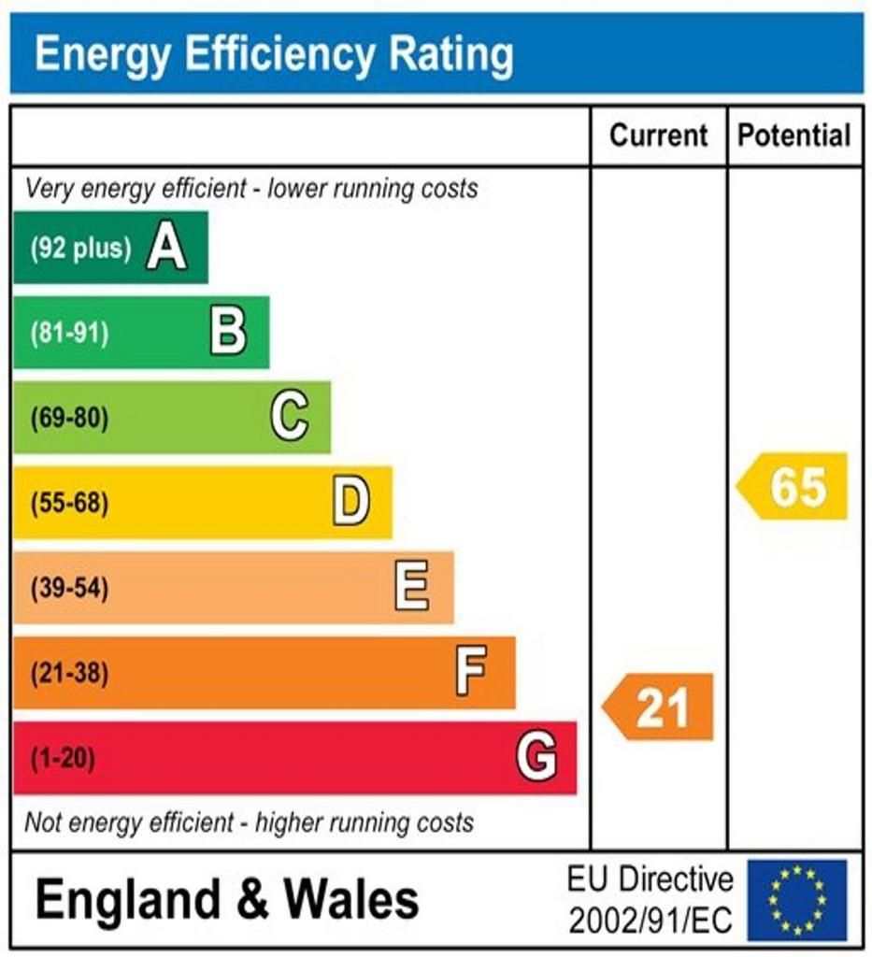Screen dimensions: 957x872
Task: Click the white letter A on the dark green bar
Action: coord(166,249)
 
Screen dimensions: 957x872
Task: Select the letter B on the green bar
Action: coord(228,333)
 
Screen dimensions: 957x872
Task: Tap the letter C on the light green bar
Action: coord(290,417)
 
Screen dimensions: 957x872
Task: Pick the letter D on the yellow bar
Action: coord(351,503)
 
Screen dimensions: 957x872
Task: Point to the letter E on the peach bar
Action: coord(412,588)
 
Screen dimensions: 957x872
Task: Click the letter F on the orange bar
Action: coord(471,673)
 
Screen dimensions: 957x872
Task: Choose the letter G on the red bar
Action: coord(536,757)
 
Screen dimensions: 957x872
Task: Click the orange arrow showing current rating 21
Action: coord(659,707)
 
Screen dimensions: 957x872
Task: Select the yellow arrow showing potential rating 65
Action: coord(793,486)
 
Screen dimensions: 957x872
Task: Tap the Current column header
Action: coord(659,136)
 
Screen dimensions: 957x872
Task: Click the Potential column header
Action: coord(794,136)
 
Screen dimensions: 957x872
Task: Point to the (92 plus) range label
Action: coord(80,249)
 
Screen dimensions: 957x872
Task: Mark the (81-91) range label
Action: coord(69,334)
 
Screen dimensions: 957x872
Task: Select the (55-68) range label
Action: coord(69,504)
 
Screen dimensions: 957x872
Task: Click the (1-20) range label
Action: coord(63,758)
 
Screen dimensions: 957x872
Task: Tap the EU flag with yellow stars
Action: coord(797,900)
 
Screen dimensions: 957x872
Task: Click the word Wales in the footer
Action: coord(351,900)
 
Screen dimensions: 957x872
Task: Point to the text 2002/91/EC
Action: coord(650,921)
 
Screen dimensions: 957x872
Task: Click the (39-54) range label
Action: coord(69,589)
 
